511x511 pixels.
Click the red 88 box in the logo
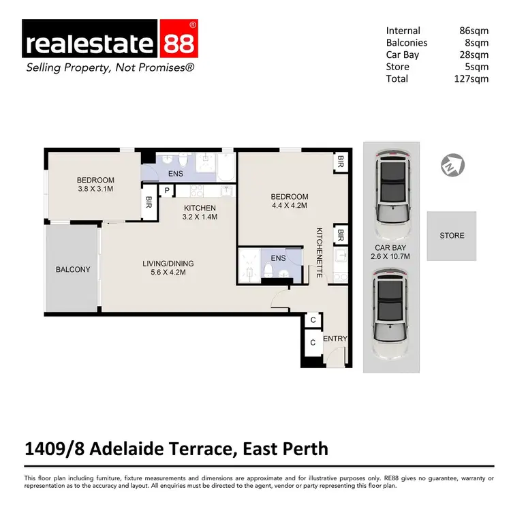coord(179,42)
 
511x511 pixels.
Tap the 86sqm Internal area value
coord(474,31)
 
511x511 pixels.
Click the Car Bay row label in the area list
coord(403,55)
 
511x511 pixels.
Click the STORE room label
coord(452,236)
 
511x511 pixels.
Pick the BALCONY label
coord(72,269)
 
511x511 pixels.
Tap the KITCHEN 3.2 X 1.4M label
coord(200,213)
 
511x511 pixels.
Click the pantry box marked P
coord(166,192)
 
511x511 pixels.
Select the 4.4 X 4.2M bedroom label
coord(290,201)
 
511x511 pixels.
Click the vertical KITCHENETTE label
coord(319,253)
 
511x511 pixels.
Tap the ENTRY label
coord(335,339)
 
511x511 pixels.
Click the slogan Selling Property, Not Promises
coord(110,68)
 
